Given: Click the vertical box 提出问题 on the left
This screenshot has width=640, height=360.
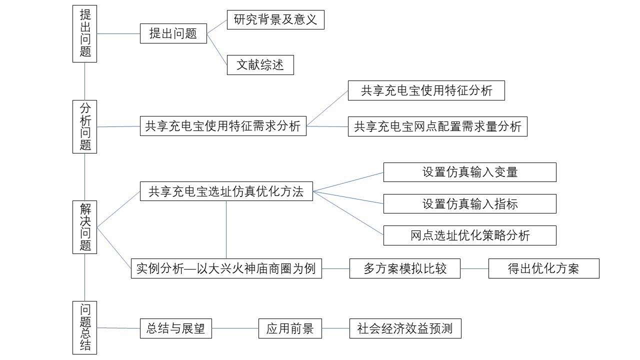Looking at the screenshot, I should [84, 33].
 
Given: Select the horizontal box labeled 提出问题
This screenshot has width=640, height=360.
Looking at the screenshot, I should [173, 33].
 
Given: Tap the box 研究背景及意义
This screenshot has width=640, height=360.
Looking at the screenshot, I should [275, 19].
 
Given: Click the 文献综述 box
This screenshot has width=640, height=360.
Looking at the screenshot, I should [260, 65].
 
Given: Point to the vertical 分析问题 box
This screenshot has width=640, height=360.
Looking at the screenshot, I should [84, 126].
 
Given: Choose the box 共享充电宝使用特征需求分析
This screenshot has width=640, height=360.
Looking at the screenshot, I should [223, 126].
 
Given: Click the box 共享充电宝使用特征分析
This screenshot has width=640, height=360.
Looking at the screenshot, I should [426, 90].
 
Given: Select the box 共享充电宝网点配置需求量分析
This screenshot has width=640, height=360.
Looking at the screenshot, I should [437, 126].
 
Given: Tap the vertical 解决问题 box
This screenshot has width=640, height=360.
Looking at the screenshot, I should [84, 227].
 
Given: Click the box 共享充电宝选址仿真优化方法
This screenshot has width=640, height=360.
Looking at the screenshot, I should [226, 191].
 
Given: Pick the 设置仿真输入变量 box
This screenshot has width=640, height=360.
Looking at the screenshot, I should [469, 172].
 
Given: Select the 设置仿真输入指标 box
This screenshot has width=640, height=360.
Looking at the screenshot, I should [469, 203].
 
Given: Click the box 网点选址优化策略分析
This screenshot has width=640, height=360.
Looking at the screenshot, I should [469, 235].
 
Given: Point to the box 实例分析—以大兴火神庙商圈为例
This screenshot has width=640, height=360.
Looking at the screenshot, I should [226, 268].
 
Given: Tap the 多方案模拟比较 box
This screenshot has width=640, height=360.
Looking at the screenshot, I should [404, 268].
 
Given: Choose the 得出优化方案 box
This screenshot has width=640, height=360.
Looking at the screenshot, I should [543, 268].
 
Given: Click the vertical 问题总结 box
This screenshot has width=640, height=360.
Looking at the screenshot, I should [84, 327].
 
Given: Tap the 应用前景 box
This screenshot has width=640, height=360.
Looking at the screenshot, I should [290, 328].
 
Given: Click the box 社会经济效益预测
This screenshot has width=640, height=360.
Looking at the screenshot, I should [404, 328].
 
